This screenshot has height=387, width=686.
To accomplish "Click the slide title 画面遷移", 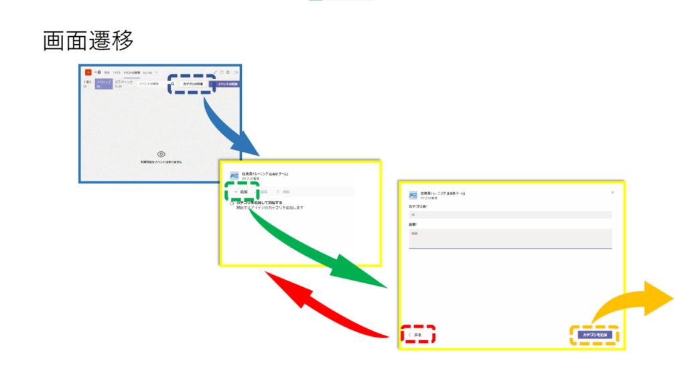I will (88, 41).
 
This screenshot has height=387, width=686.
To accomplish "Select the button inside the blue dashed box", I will (192, 84).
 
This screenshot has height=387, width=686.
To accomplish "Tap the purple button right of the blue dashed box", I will (228, 84).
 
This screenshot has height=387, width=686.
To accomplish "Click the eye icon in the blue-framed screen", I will (161, 154).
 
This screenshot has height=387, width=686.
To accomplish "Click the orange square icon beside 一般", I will (88, 72).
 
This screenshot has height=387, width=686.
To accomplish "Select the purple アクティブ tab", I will (103, 85).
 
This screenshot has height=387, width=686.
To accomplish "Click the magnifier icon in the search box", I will (172, 84).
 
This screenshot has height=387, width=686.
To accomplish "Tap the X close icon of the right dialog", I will (612, 193).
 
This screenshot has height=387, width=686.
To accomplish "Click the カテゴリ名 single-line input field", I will (510, 215).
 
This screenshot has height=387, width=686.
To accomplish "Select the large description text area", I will (510, 238).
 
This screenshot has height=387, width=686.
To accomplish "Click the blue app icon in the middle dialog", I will (234, 176).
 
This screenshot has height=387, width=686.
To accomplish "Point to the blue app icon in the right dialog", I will (413, 194).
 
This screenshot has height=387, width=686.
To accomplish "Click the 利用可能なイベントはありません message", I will (161, 163).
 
